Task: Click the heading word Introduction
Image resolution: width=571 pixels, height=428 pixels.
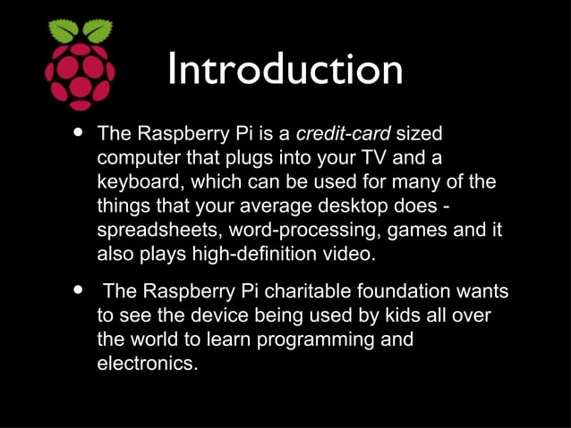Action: pos(285,70)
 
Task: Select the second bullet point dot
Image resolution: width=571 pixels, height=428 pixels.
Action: pos(78,290)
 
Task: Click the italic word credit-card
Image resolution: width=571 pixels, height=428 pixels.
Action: pos(343,135)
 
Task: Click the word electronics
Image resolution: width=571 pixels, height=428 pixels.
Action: pos(147,364)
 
